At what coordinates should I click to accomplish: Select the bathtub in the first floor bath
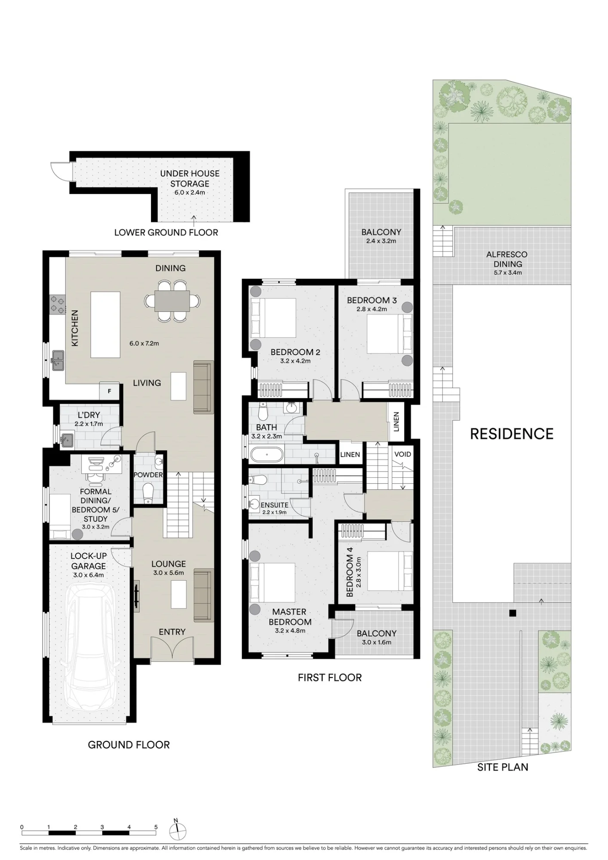click(267, 454)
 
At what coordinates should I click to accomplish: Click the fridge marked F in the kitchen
click(110, 391)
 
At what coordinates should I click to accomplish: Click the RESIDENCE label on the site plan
click(512, 434)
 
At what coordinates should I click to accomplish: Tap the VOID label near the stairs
click(403, 454)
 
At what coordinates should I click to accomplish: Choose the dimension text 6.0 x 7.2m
click(144, 343)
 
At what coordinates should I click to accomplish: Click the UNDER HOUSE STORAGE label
click(190, 178)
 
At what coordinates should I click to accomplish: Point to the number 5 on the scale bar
click(156, 827)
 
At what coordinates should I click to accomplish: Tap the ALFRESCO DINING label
click(507, 259)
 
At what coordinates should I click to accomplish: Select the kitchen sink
click(57, 360)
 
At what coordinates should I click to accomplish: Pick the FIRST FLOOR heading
click(330, 678)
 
